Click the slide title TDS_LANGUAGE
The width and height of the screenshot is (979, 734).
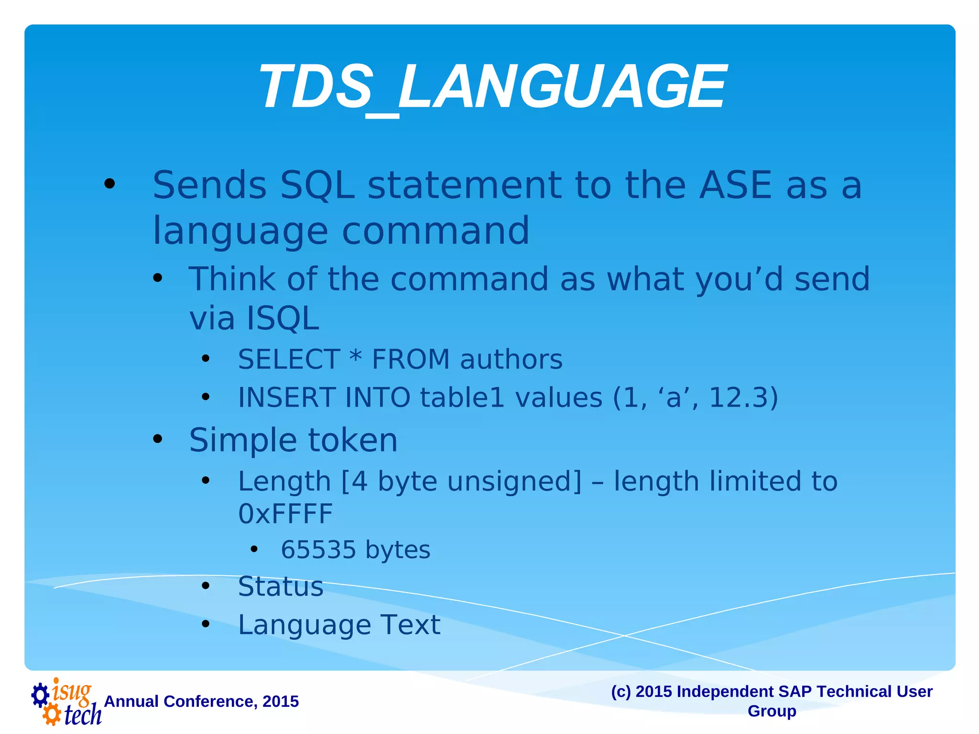coord(492,87)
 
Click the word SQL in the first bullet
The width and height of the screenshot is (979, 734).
coord(317,186)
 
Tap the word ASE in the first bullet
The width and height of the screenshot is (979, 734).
coord(735,186)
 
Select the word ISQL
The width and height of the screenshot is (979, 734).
coord(282,319)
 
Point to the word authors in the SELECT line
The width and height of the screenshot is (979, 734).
coord(511,360)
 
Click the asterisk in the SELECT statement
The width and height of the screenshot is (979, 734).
coord(355,357)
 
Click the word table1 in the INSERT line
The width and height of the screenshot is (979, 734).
coord(462,398)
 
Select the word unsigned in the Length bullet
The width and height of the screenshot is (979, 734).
coord(514,481)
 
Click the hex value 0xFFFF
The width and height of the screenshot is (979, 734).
coord(285,514)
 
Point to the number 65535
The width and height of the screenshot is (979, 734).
coord(318,550)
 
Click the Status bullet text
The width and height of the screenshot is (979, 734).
coord(281,586)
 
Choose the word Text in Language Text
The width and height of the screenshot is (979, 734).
coord(410,625)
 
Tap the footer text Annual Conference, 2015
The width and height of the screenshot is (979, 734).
coord(201,702)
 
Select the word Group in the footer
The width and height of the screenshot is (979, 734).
coord(772,711)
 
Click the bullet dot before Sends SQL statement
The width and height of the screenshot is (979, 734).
coord(109,184)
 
